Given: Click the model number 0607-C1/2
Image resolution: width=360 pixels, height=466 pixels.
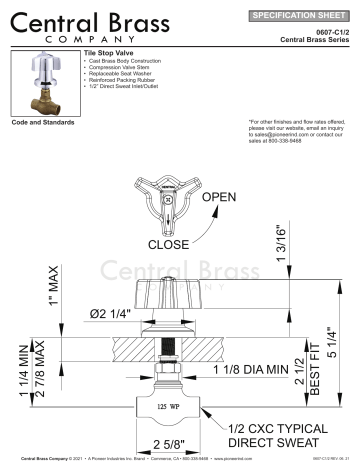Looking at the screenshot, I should pos(332,32).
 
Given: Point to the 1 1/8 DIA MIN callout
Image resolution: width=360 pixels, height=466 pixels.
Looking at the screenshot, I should pos(248,371).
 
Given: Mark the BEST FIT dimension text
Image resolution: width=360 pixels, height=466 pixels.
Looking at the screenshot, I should pos(314,379).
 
